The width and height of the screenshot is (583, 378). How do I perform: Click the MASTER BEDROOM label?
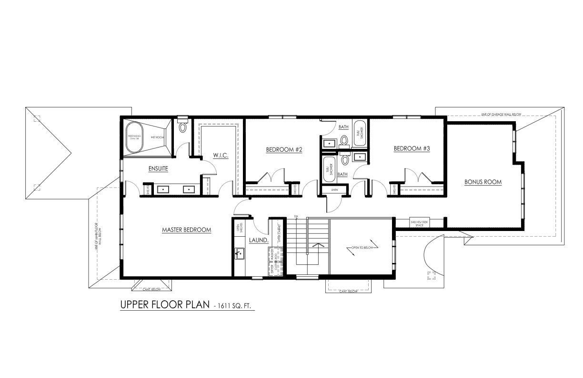point(186,230)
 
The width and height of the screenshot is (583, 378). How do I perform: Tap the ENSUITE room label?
point(158,169)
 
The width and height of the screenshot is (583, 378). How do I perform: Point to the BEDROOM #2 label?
point(284,150)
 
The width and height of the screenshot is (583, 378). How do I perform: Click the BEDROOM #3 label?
point(412,149)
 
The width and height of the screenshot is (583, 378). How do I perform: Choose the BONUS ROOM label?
point(483,182)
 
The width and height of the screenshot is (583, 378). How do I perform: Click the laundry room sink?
point(239,253)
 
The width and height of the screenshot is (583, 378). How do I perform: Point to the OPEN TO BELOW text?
point(363,248)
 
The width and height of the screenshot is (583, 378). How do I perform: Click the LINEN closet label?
point(335,190)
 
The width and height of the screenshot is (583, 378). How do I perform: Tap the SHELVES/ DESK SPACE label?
point(420,223)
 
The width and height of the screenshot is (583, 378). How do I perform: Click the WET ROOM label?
point(157,137)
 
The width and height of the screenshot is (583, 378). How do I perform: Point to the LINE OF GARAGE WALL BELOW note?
point(501,115)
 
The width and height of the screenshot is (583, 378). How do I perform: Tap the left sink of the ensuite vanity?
point(163,189)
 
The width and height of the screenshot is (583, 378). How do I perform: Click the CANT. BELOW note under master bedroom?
point(152,289)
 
